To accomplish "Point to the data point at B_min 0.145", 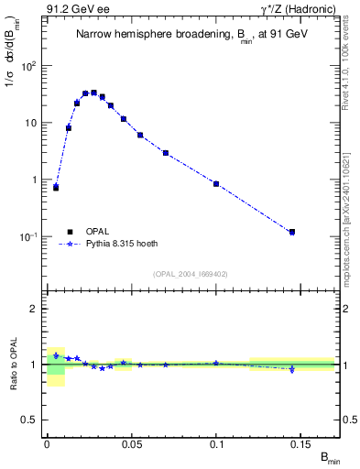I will click(x=292, y=232).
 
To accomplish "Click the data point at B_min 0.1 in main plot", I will click(x=216, y=184).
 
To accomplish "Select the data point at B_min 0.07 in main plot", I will click(x=165, y=153).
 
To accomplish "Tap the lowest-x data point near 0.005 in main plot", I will click(x=56, y=187).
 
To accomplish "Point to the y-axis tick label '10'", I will click(x=32, y=123).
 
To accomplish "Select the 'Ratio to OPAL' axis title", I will click(x=13, y=365).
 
